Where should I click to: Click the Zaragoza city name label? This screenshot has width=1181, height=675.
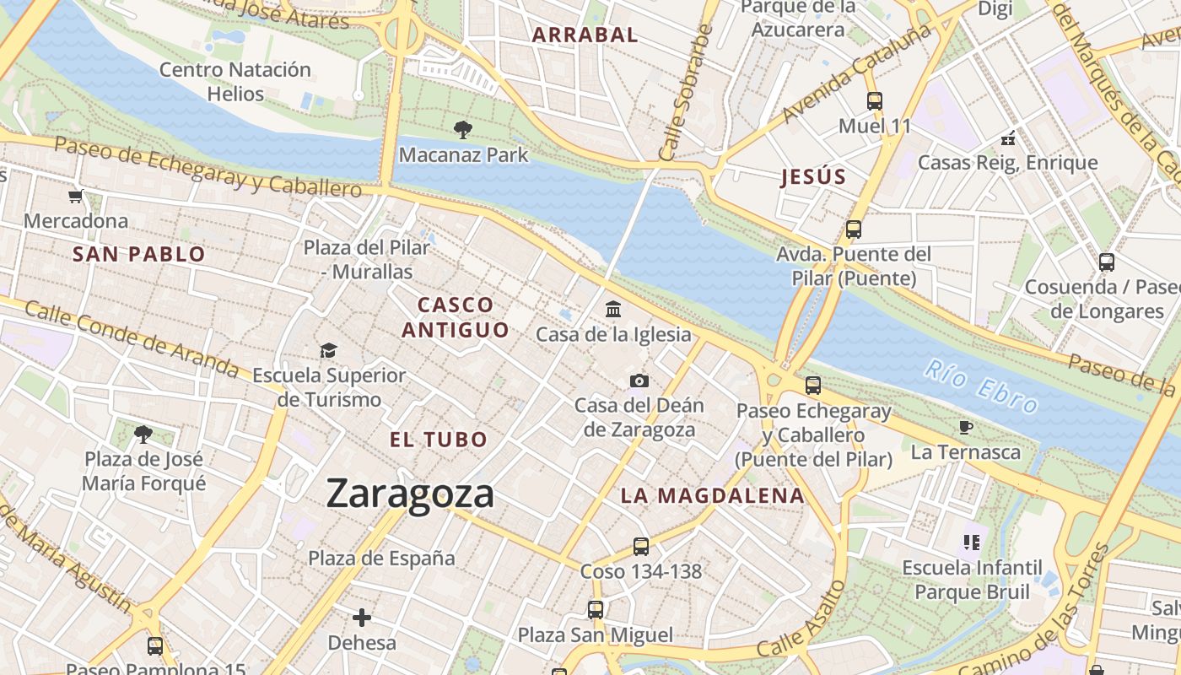pyautogui.click(x=410, y=494)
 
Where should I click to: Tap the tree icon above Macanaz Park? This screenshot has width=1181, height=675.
pyautogui.click(x=462, y=130)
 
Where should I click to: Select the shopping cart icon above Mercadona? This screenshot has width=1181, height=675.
pyautogui.click(x=76, y=197)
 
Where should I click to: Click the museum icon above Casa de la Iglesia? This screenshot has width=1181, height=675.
pyautogui.click(x=613, y=309)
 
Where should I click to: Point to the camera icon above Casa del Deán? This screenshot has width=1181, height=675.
pyautogui.click(x=639, y=381)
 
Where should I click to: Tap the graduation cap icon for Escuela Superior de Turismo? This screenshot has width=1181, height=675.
pyautogui.click(x=328, y=350)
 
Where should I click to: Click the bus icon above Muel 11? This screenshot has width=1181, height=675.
pyautogui.click(x=875, y=101)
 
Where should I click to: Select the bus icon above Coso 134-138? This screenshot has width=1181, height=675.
pyautogui.click(x=641, y=547)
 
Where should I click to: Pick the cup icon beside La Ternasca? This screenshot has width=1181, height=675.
pyautogui.click(x=966, y=428)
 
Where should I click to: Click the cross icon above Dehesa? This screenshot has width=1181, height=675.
pyautogui.click(x=362, y=618)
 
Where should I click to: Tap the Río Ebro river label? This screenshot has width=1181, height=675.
pyautogui.click(x=980, y=387)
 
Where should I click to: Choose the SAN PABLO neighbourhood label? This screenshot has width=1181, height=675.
pyautogui.click(x=139, y=254)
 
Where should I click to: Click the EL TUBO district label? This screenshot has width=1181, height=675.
pyautogui.click(x=439, y=440)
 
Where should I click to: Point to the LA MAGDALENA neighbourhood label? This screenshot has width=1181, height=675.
pyautogui.click(x=713, y=496)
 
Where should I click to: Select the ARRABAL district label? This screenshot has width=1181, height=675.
pyautogui.click(x=585, y=35)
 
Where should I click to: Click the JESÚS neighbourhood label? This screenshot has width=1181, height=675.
pyautogui.click(x=813, y=177)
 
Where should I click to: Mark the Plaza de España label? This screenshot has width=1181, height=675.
pyautogui.click(x=381, y=558)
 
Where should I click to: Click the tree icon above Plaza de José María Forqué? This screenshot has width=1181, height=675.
pyautogui.click(x=143, y=435)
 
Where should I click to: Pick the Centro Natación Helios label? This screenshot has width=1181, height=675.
pyautogui.click(x=235, y=81)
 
